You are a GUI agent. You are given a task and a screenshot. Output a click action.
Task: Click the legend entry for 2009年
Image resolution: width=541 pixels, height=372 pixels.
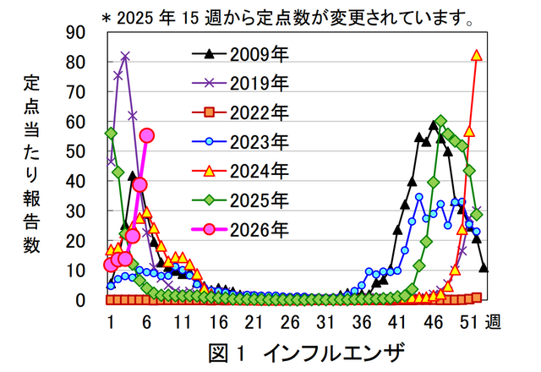click(x=241, y=55)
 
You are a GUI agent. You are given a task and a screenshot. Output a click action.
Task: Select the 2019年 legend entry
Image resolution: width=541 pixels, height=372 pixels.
click(x=241, y=84)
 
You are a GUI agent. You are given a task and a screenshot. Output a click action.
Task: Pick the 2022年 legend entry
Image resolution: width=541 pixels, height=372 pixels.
click(x=241, y=112)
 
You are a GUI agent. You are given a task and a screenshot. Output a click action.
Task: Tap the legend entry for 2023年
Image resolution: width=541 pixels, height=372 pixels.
click(x=241, y=141)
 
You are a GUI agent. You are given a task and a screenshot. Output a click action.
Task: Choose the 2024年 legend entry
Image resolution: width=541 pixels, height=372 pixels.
click(x=241, y=171)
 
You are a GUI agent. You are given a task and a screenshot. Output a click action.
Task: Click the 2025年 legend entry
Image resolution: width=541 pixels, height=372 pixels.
click(x=241, y=200)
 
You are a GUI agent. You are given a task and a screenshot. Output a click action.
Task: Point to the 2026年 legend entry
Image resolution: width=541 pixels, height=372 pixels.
click(x=241, y=229)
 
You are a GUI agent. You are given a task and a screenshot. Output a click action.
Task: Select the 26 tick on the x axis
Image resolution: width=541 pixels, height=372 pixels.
click(x=290, y=322)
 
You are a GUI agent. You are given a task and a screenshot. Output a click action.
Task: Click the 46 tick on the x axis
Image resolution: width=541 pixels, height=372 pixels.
click(x=433, y=322)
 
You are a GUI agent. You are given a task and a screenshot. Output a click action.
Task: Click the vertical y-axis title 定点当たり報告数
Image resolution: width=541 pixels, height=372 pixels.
click(x=31, y=166)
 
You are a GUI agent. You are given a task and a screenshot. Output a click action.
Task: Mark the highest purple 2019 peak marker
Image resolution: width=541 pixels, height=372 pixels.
click(x=125, y=57)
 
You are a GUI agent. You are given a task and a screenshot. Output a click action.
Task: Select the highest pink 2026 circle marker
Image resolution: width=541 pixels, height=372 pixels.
click(x=146, y=135)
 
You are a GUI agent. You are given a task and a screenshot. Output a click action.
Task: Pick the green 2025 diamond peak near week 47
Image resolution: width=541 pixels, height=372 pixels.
click(x=440, y=122)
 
